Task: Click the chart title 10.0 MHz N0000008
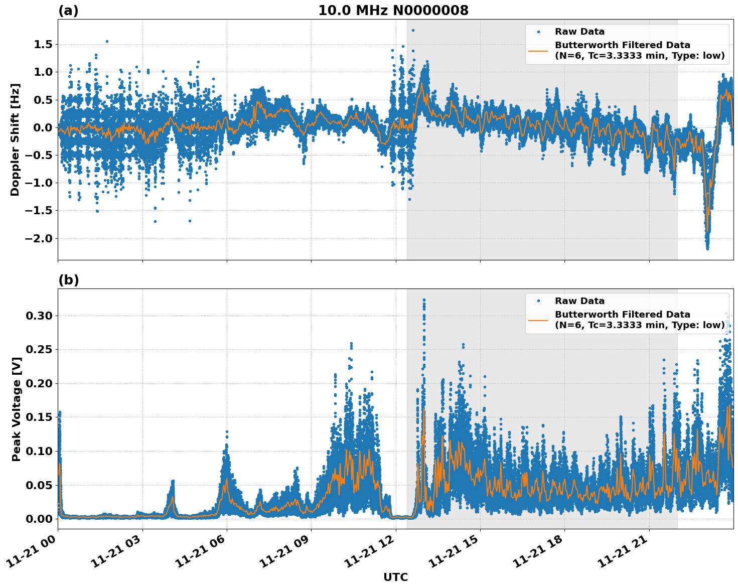tap(393, 11)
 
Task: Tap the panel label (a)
tap(68, 11)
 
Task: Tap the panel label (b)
tap(69, 280)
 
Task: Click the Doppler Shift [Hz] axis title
tap(15, 139)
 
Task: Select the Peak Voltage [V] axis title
tap(16, 409)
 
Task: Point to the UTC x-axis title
tap(395, 577)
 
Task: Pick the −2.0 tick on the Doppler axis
tap(38, 238)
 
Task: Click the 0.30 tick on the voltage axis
tap(39, 316)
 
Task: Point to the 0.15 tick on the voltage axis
tap(39, 417)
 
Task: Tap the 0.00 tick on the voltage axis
tap(39, 519)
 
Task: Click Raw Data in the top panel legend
tap(579, 32)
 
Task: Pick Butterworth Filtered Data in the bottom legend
tap(622, 315)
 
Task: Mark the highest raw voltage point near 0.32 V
tap(424, 300)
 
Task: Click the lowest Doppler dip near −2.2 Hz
tap(707, 248)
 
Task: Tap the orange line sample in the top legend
tap(538, 50)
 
